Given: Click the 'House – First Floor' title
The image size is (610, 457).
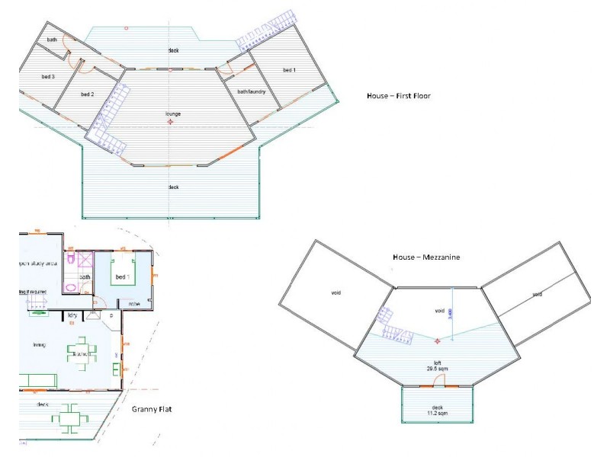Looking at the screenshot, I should pos(400,96).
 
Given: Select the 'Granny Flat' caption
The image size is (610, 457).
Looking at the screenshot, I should pos(151,409).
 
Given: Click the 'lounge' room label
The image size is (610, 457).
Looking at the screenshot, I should pos(173,114).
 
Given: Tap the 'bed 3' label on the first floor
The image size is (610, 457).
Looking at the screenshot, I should pos(47,77).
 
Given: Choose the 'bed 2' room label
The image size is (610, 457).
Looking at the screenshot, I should pos(87,94).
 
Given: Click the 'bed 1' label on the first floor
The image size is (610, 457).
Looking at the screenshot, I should pos(289,70).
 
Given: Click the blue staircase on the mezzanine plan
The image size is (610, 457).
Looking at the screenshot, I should pos(396,324).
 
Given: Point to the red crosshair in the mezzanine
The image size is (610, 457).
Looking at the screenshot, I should pos(438,340).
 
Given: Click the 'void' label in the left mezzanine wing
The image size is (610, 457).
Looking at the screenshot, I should pos(335,292).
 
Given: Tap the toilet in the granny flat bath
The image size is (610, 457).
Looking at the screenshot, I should pos(70,260).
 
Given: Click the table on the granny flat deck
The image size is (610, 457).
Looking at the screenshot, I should pos(70,415).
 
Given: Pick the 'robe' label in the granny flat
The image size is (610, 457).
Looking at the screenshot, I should pos(133,304).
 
